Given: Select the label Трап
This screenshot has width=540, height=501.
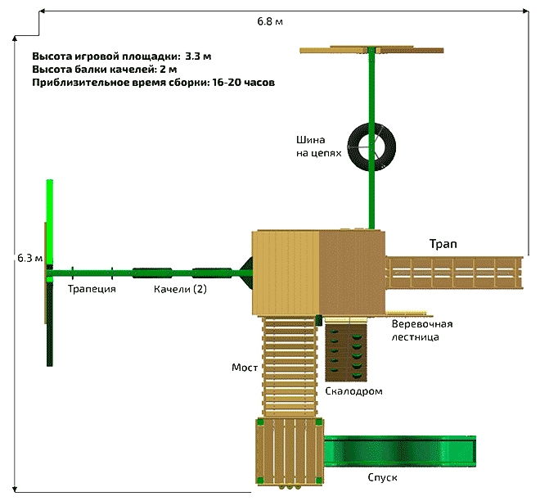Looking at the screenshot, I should click(443, 244).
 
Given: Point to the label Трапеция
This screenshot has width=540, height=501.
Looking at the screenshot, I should click(91, 290).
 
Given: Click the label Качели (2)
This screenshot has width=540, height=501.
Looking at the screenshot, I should click(181, 290).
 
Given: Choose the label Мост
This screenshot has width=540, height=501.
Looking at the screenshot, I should click(245, 368).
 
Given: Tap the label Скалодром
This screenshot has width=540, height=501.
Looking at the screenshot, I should click(353, 391).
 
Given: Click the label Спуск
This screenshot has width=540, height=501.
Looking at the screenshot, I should click(381, 476).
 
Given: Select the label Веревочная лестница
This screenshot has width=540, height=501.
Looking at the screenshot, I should click(421, 330).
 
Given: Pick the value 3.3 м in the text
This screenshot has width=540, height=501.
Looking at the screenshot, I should click(198, 56).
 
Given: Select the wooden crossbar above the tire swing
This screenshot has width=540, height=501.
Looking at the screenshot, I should click(373, 51).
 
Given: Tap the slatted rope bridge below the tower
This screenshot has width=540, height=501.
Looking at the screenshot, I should click(290, 366).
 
